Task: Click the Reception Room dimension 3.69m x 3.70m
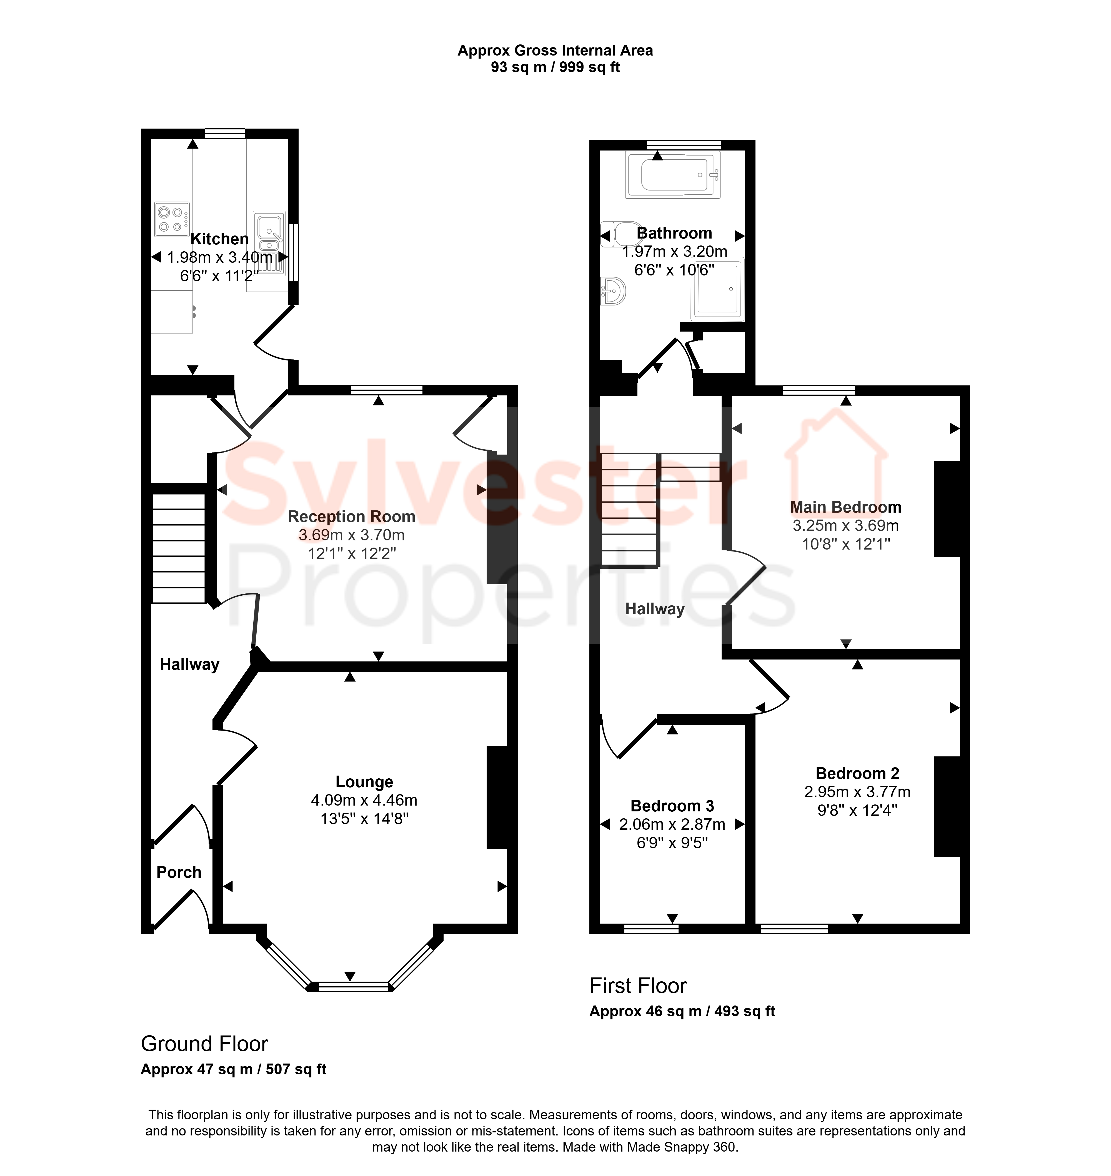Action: click(352, 535)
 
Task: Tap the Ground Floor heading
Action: click(204, 1044)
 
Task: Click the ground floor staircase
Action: click(179, 548)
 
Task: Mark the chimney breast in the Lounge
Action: click(497, 798)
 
